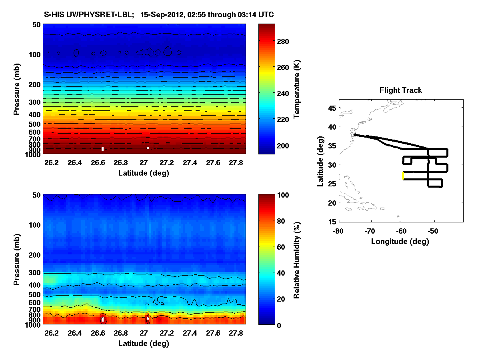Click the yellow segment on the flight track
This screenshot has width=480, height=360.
403,176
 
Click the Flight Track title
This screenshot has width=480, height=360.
400,90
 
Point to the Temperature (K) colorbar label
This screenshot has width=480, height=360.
297,89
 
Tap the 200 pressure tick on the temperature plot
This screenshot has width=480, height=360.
34,84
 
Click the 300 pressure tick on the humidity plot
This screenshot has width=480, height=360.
34,273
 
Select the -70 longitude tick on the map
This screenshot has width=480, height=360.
371,231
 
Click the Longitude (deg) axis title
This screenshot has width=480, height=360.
400,241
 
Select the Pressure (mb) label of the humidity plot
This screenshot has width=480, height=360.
17,260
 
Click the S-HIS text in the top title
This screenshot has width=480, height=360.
54,15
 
